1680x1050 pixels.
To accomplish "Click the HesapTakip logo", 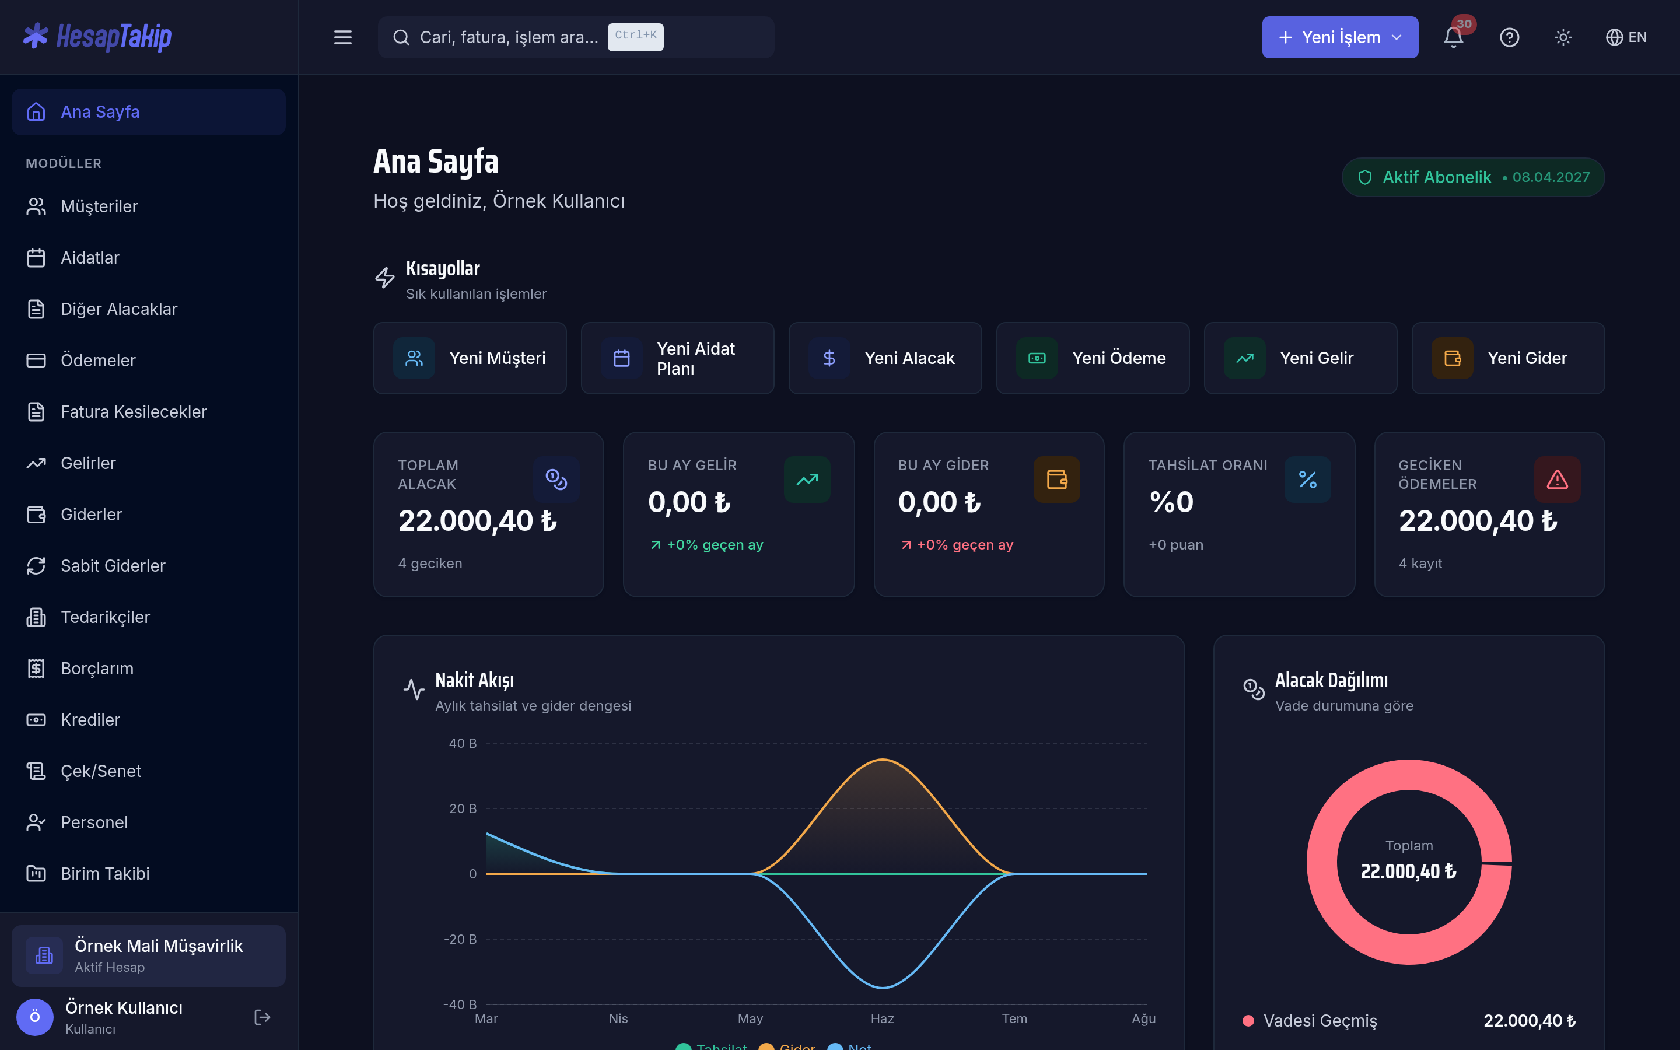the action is pyautogui.click(x=97, y=37).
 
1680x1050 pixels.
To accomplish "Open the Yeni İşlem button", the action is pyautogui.click(x=1340, y=37).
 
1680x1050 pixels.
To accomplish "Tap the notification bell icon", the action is pyautogui.click(x=1453, y=37).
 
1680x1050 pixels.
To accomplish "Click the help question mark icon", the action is pyautogui.click(x=1509, y=37).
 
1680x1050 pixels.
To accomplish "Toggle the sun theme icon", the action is pyautogui.click(x=1563, y=37).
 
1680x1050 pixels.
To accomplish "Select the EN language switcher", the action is pyautogui.click(x=1626, y=37).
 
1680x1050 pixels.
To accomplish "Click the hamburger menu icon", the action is pyautogui.click(x=343, y=37).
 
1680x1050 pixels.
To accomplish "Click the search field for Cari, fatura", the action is pyautogui.click(x=576, y=37).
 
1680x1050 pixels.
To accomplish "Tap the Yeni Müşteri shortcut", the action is pyautogui.click(x=470, y=358).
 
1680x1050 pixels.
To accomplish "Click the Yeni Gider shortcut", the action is pyautogui.click(x=1508, y=358).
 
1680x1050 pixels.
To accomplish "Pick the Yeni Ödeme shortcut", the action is pyautogui.click(x=1093, y=358).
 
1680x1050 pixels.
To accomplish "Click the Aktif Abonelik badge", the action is pyautogui.click(x=1472, y=177).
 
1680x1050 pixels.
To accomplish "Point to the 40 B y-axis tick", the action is pyautogui.click(x=463, y=743).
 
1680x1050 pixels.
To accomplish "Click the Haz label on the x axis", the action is pyautogui.click(x=883, y=1018).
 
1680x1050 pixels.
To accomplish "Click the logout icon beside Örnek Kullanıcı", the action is pyautogui.click(x=262, y=1017).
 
